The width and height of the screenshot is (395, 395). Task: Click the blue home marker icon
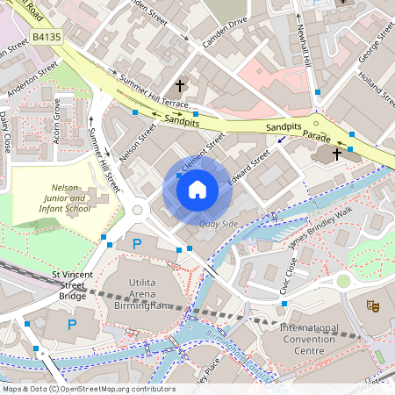pos(197,189)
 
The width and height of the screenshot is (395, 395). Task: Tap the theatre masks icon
pos(373,306)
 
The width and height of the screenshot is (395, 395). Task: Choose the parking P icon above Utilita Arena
pos(136,243)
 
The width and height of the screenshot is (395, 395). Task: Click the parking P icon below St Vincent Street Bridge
pos(72,324)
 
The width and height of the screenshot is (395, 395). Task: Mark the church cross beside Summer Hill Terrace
pos(180,86)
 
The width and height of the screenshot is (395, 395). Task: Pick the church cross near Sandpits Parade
pos(337,154)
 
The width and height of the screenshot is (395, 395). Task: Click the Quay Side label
pos(219,224)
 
